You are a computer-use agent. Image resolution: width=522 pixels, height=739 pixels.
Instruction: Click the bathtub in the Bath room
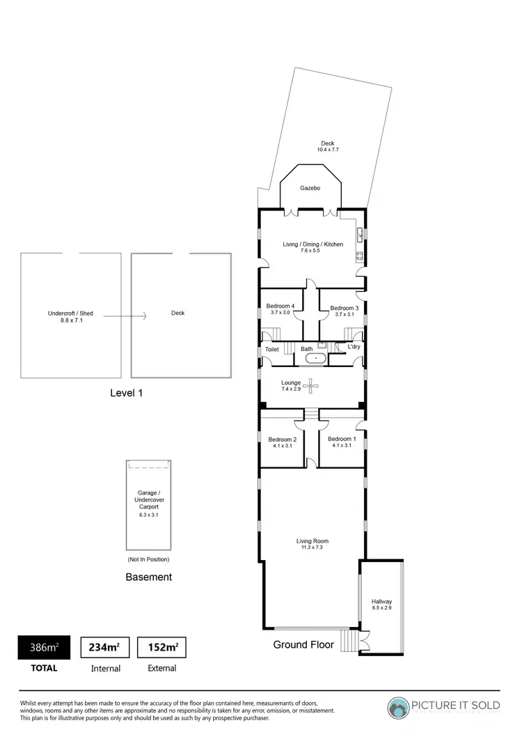315,359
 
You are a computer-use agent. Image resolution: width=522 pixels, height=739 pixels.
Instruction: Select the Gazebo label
310,188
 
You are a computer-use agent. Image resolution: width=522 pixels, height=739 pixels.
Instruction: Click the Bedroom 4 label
280,306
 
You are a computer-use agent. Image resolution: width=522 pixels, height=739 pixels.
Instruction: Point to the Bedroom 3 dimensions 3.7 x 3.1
344,314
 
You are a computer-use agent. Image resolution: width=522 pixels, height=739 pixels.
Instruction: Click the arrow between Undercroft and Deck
125,316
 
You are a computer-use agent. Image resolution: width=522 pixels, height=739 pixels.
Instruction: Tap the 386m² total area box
44,647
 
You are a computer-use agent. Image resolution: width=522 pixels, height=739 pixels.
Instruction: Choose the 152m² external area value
162,647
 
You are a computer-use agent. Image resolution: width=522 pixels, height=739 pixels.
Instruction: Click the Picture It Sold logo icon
400,708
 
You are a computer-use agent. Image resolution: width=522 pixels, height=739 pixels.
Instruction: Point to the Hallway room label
381,601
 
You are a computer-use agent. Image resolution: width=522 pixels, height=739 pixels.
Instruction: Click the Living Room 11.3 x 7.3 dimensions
312,547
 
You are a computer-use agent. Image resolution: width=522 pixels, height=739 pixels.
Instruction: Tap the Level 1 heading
127,393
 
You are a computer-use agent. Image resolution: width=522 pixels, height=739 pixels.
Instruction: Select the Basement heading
148,577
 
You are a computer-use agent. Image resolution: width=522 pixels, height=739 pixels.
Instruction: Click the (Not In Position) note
148,559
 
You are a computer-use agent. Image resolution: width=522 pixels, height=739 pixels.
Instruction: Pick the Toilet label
271,349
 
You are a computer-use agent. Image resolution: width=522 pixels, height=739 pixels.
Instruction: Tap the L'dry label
354,346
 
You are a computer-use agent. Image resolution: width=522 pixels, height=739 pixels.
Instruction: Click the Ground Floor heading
303,644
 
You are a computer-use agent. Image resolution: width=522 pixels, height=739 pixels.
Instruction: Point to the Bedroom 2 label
283,439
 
